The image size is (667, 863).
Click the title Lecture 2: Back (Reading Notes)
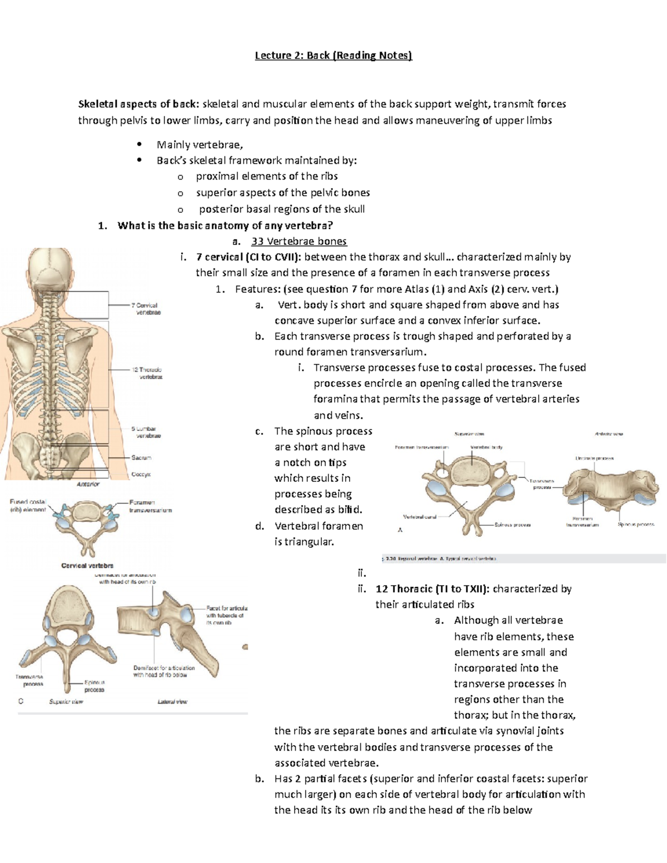pos(333,55)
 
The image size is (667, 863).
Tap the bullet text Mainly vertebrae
pos(200,144)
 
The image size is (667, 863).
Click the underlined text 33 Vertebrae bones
pos(299,241)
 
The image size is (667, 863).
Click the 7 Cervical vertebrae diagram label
pos(146,309)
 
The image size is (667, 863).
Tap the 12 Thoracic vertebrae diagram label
pos(147,373)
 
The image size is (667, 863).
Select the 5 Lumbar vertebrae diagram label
pos(146,432)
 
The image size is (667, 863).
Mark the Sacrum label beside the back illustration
pos(141,457)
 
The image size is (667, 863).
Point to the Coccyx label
pos(141,475)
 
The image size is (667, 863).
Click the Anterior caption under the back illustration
pos(88,484)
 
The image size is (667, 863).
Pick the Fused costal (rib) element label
pos(28,505)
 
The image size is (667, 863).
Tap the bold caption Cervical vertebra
pos(87,566)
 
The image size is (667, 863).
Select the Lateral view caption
pos(172,702)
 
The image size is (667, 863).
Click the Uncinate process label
pos(594,458)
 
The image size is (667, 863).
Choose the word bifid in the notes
pos(350,510)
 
